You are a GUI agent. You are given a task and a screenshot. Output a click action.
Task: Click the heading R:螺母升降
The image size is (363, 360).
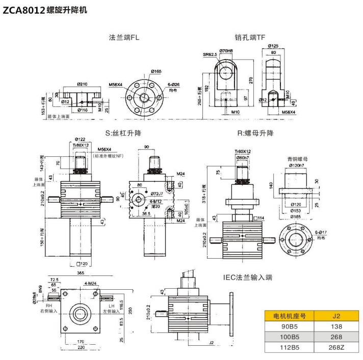click(x=255, y=133)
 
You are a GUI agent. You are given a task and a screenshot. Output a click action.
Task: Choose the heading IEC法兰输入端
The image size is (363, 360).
click(x=248, y=278)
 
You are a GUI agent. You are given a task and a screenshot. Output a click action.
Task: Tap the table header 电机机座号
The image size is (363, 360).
click(x=289, y=315)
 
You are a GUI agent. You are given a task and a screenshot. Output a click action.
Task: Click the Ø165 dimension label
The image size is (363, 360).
click(x=142, y=72)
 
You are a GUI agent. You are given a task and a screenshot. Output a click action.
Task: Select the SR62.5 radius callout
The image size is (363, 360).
click(x=210, y=54)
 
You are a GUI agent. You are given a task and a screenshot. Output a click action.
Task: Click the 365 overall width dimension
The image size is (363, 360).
click(x=81, y=273)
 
